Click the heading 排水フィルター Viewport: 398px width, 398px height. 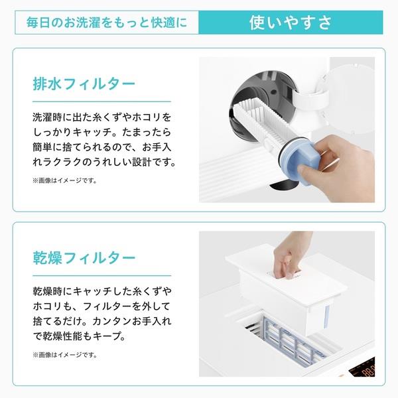coord(84,84)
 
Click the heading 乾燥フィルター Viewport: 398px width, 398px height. coord(84,258)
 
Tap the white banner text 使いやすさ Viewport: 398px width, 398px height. coord(291,23)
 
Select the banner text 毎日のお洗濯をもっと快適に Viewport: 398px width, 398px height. coord(107,23)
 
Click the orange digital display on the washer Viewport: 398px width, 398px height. coord(364,370)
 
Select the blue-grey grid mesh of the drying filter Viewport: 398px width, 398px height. coord(292,340)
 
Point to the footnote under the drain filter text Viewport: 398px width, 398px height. coord(65,180)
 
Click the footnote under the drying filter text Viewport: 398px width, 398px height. coord(65,355)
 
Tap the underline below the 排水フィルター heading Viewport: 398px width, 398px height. coord(101,101)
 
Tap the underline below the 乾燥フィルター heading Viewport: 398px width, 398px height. coord(101,275)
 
